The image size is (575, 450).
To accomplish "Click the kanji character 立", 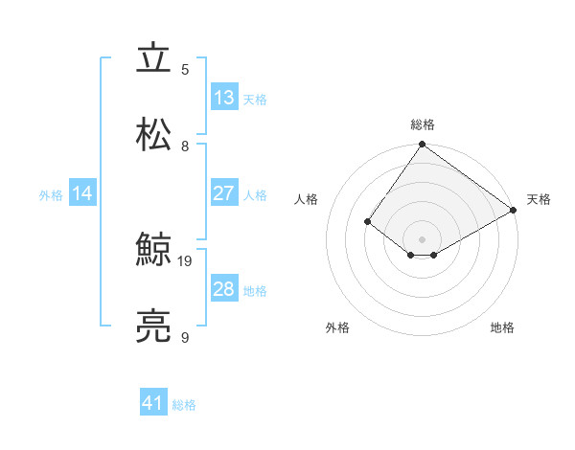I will [x=153, y=58].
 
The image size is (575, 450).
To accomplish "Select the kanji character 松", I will [x=153, y=135].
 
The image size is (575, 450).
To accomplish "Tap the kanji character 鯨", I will [x=153, y=252].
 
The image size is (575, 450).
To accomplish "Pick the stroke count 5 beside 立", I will [x=185, y=70].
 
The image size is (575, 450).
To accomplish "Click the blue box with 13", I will [x=224, y=98].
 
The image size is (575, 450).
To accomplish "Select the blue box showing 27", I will [x=224, y=193].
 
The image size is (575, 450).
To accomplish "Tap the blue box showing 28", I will [x=224, y=289].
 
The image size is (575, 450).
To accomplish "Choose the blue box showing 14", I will [x=82, y=193].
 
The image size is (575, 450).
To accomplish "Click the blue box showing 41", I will [x=153, y=404].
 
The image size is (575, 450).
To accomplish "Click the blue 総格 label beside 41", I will [x=184, y=405].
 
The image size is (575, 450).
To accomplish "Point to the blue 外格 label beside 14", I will [x=51, y=194].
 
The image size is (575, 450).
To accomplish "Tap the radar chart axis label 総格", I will [x=423, y=124].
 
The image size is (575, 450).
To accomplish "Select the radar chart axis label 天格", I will [x=540, y=199].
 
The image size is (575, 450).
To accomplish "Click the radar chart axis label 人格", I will [x=306, y=199].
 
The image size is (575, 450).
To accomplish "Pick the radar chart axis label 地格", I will [x=502, y=327].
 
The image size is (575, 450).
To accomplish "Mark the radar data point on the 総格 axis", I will [x=423, y=145].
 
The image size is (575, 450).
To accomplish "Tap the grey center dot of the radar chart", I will [x=423, y=238].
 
